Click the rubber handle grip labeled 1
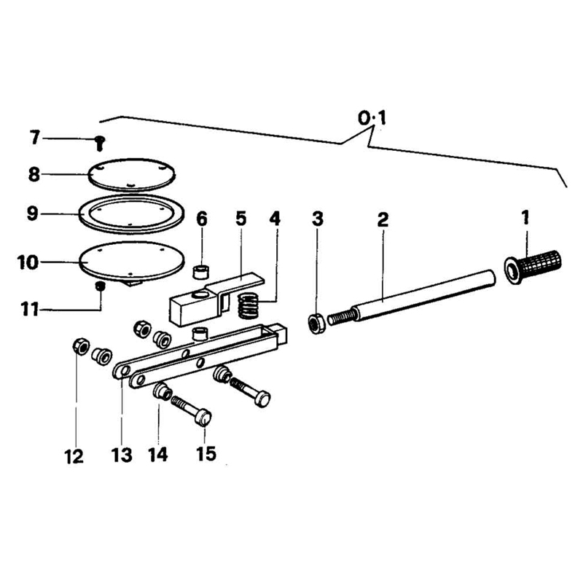533,267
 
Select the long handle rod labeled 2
412,298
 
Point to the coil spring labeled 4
248,305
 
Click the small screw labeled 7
99,143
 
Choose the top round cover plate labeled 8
131,175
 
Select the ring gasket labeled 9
131,214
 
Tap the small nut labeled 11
100,286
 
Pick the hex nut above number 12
81,347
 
